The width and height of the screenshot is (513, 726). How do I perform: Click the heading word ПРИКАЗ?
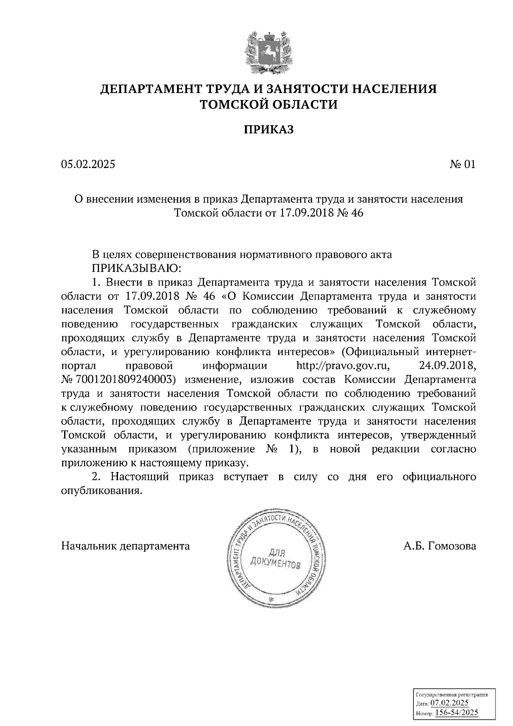point(268,130)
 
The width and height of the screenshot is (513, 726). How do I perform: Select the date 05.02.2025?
point(88,164)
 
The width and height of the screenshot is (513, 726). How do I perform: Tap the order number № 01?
point(462,164)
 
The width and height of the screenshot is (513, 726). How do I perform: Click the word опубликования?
point(101,491)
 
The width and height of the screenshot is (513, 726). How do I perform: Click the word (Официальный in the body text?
point(380,352)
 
